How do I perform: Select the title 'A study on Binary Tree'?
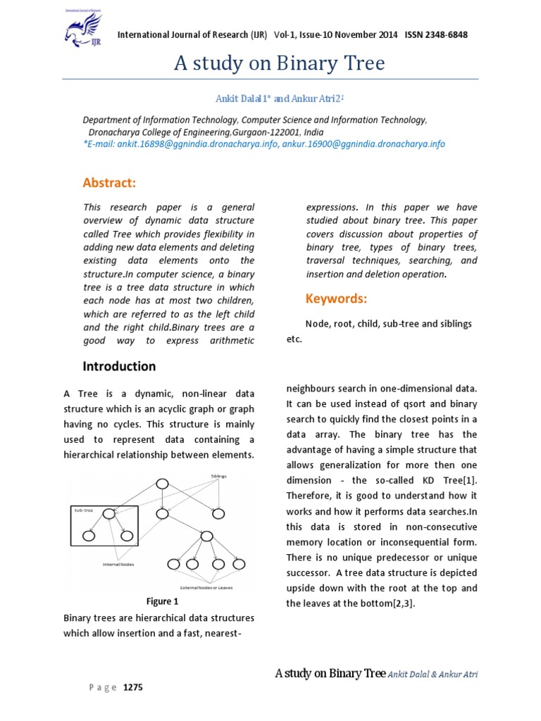[280, 64]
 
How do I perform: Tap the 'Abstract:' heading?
[109, 183]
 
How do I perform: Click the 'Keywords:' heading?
[336, 299]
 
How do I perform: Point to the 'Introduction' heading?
[119, 366]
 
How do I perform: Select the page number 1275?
[133, 688]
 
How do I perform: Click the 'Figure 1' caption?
[162, 601]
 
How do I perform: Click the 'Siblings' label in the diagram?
[219, 476]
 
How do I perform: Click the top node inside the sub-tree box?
[108, 514]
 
